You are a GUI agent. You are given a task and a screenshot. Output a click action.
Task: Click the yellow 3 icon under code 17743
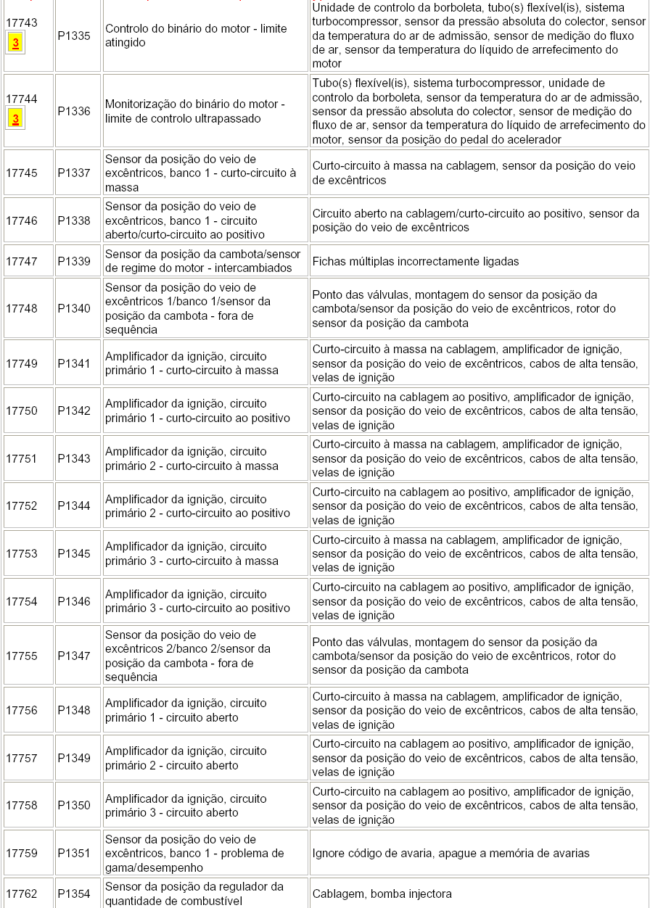coord(15,44)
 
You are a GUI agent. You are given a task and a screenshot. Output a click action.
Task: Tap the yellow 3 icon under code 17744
coord(15,119)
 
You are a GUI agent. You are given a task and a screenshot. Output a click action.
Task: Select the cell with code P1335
coord(74,36)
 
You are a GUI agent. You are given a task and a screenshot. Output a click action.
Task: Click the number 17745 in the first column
coord(22,173)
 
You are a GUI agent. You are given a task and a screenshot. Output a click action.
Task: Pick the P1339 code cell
coord(74,261)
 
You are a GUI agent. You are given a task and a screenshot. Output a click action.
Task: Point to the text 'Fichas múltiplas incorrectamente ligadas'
coord(416,261)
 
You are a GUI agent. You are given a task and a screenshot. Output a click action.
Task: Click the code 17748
coord(22,308)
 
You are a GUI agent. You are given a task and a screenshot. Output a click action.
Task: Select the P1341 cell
coord(74,363)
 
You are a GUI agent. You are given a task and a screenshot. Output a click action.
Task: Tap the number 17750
coord(22,411)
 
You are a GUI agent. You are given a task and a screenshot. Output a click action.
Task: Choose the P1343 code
coord(74,458)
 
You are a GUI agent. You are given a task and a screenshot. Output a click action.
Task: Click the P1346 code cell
coord(74,601)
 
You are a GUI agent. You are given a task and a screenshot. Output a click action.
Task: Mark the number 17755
coord(22,656)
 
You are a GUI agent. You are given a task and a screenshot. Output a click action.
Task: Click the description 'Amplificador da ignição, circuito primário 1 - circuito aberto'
coord(186,710)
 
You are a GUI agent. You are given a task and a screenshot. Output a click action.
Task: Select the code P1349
coord(74,758)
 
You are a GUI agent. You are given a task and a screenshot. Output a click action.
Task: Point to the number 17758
coord(22,805)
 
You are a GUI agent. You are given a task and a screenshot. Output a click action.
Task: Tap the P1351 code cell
coord(74,854)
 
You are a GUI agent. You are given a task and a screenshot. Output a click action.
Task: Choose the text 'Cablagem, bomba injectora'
coord(382,894)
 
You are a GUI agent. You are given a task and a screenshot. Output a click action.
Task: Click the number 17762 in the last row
coord(22,894)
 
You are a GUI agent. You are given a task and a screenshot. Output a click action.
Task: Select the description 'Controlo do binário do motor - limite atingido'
coord(196,36)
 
